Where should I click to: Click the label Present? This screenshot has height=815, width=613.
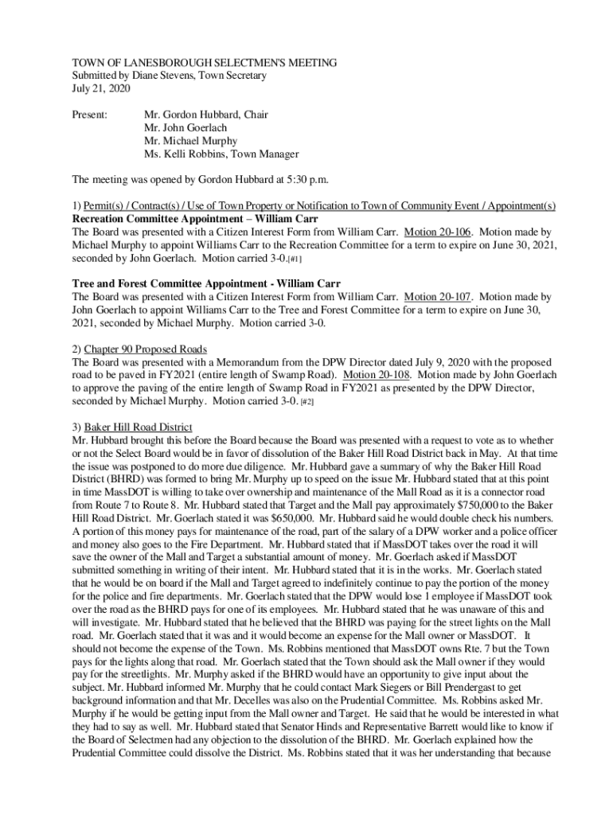[x=90, y=115]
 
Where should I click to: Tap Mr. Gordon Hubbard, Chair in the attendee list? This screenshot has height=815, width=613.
[x=205, y=115]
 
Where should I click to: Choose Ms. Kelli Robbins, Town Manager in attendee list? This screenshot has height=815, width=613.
[x=221, y=154]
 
